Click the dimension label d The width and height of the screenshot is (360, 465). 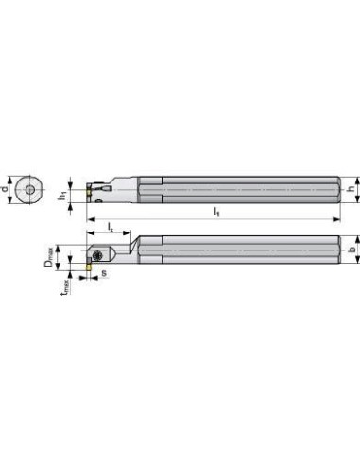pos(4,189)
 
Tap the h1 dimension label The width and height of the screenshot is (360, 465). pos(63,196)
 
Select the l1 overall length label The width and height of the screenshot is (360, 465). pos(216,212)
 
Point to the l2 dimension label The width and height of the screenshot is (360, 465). pos(111,227)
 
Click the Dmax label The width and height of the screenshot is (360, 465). pos(49,257)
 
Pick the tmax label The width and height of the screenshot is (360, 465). pos(65,286)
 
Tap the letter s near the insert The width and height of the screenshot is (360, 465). pos(104,273)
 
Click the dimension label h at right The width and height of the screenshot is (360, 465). pos(351,189)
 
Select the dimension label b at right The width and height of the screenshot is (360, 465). pos(352,249)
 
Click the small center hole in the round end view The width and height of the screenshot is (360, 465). pos(30,190)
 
